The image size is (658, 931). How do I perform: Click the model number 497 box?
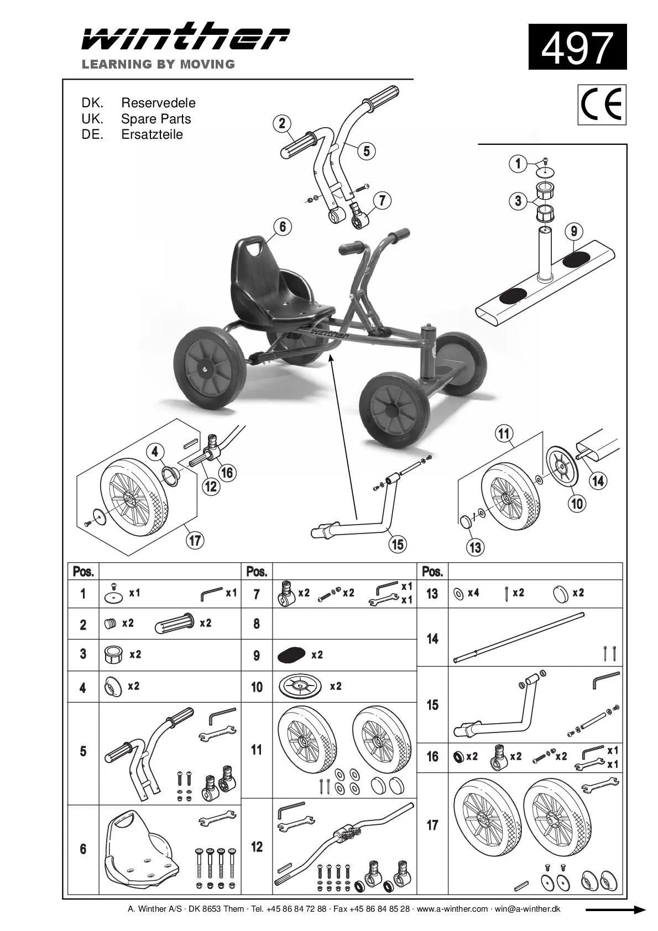click(577, 47)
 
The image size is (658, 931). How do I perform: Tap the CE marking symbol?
click(602, 104)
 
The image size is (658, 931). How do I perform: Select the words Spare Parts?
click(156, 119)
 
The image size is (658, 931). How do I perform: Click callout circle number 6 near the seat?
click(282, 226)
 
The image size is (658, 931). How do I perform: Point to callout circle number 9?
click(574, 231)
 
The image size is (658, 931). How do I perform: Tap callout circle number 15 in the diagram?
click(398, 544)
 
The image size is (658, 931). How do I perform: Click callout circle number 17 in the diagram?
click(195, 540)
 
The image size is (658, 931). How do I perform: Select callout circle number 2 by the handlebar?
click(282, 123)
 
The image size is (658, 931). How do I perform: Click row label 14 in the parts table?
click(432, 639)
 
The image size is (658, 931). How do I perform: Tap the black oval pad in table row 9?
click(291, 655)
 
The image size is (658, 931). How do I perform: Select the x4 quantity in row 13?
click(473, 593)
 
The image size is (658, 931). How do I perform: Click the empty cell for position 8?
click(344, 624)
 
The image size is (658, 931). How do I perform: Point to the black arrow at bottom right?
click(615, 909)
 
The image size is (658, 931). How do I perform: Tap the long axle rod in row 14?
click(518, 637)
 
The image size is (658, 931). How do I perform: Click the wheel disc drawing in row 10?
click(300, 687)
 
